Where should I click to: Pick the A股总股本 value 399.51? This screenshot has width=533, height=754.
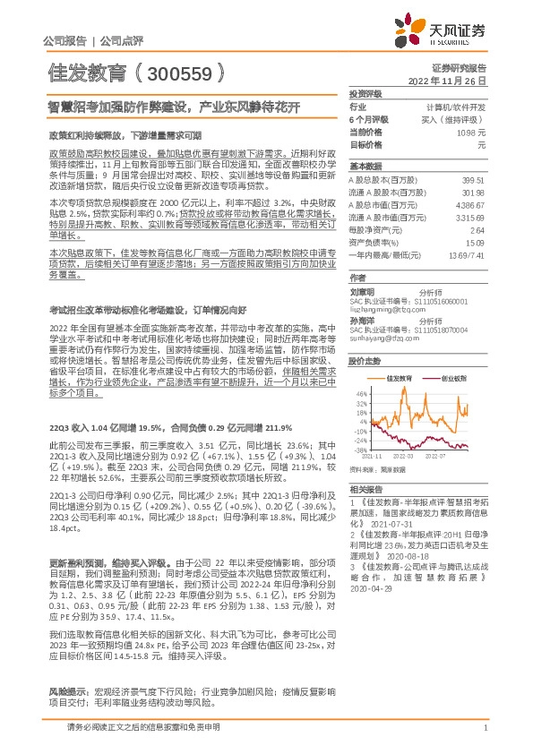click(x=472, y=179)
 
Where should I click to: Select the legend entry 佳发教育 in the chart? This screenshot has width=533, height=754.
click(x=400, y=379)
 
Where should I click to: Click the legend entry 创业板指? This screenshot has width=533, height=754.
click(x=453, y=379)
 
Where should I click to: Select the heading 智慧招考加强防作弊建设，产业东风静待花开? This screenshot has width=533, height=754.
click(x=174, y=106)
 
